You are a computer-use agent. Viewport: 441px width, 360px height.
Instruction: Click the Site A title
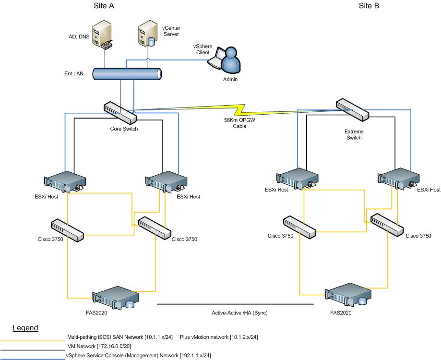[x=104, y=6]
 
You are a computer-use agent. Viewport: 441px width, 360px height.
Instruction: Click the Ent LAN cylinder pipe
[x=126, y=74]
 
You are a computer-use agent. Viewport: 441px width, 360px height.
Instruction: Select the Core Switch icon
[x=119, y=113]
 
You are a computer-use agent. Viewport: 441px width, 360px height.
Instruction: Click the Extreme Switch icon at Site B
[x=352, y=110]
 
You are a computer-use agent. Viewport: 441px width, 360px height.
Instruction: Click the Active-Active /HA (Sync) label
[x=239, y=312]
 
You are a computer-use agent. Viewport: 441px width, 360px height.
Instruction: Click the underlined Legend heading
[x=25, y=328]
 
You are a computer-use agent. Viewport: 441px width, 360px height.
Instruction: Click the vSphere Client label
[x=203, y=49]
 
